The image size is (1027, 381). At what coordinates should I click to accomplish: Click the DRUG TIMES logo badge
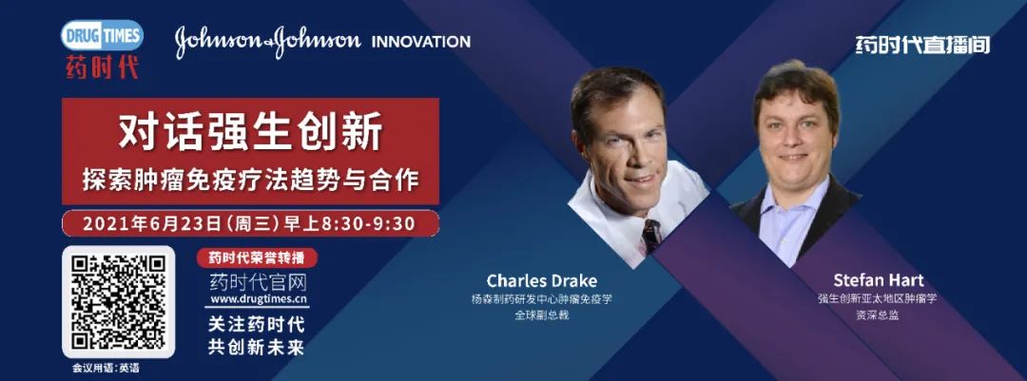click(102, 35)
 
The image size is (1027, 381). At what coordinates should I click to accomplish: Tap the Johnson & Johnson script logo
click(268, 41)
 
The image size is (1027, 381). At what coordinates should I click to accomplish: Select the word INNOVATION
click(420, 42)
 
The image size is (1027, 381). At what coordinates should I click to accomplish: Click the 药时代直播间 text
click(922, 45)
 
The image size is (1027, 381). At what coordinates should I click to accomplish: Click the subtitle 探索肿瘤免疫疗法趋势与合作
click(250, 180)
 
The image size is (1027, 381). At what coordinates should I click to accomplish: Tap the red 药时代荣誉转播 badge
click(258, 257)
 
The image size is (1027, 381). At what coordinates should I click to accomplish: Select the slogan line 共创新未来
click(257, 347)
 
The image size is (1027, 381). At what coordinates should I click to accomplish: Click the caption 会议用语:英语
click(107, 368)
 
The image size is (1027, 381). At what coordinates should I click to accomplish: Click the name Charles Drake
click(542, 281)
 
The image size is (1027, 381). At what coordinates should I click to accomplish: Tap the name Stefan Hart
click(879, 281)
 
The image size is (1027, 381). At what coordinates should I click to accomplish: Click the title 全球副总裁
click(542, 315)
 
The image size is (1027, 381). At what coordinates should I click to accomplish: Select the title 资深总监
click(879, 314)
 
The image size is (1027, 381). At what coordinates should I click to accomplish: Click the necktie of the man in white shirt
click(651, 235)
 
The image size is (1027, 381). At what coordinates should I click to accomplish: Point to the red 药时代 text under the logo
click(102, 67)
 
